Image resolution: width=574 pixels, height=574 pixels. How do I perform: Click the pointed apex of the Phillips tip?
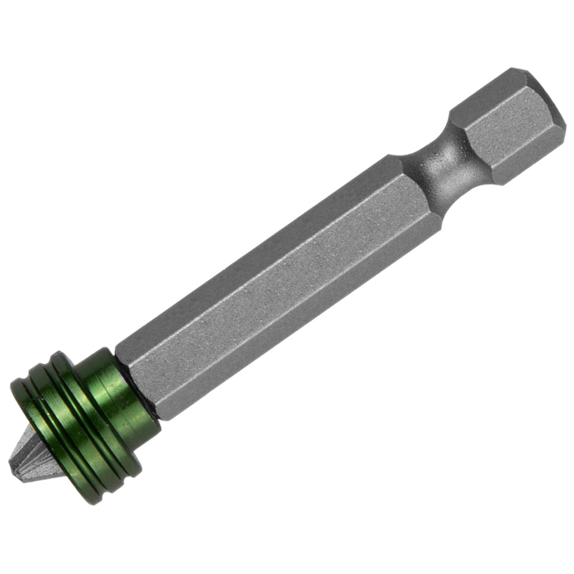click(x=12, y=464)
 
